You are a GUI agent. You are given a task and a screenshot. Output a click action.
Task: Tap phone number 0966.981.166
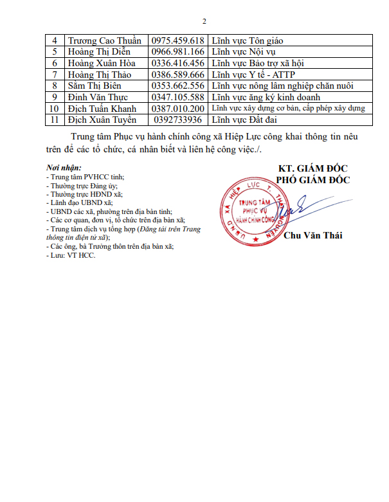[177, 51]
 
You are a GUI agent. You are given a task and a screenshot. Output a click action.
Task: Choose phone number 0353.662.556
[177, 86]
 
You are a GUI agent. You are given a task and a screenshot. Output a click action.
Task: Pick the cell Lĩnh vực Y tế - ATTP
[255, 75]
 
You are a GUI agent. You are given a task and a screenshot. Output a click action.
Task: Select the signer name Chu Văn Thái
[312, 235]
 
